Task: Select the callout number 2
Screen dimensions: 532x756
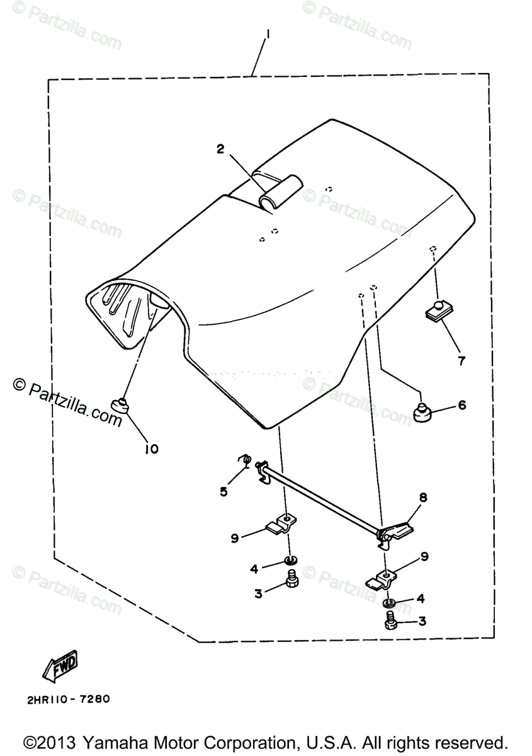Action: tap(220, 149)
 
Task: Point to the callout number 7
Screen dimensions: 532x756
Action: tap(461, 361)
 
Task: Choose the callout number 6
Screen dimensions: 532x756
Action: tap(462, 405)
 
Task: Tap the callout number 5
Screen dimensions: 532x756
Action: tap(224, 491)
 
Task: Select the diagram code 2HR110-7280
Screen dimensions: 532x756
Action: tap(71, 699)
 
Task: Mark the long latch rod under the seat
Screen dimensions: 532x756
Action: tap(321, 498)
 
